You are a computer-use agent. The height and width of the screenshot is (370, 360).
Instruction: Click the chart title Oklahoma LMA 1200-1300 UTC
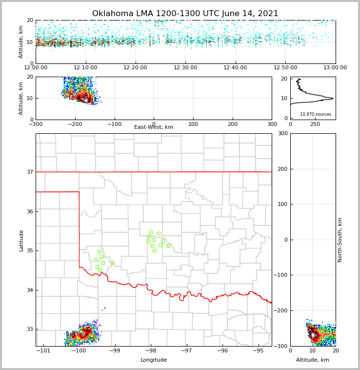click(x=185, y=14)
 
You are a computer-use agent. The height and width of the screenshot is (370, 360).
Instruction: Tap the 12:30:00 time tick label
click(x=185, y=68)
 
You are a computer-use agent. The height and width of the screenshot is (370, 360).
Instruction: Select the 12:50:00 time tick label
click(x=285, y=68)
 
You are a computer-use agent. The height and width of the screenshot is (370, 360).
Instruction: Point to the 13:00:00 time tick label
click(x=335, y=68)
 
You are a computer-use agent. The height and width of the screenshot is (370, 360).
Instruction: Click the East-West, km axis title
click(x=154, y=127)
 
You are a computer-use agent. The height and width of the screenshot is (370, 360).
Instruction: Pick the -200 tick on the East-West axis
click(x=75, y=124)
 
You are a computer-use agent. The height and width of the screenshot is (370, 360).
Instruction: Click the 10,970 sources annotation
click(x=316, y=114)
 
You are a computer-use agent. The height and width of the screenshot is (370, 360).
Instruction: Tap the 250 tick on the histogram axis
click(x=315, y=124)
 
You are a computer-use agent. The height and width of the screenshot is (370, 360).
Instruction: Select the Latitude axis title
click(x=21, y=240)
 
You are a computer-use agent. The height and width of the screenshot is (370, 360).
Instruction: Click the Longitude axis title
click(x=154, y=360)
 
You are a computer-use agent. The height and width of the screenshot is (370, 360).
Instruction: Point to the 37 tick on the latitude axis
click(x=30, y=172)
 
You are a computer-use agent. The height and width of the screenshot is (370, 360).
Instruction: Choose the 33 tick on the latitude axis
click(x=30, y=329)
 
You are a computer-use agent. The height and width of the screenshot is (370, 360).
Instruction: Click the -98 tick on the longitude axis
click(x=151, y=351)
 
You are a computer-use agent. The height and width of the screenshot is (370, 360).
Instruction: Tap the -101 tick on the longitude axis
click(x=44, y=351)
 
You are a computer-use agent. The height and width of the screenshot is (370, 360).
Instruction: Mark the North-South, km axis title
click(x=340, y=240)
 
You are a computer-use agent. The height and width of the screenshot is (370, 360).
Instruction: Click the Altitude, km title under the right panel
click(x=313, y=360)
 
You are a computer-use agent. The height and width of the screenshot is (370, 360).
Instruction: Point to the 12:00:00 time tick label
click(x=36, y=68)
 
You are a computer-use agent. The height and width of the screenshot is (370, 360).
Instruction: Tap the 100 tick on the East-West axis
click(x=193, y=124)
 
